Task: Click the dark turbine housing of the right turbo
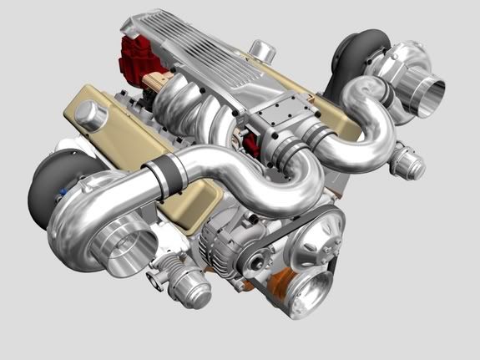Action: tap(355, 55)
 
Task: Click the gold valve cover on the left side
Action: tap(100, 117)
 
